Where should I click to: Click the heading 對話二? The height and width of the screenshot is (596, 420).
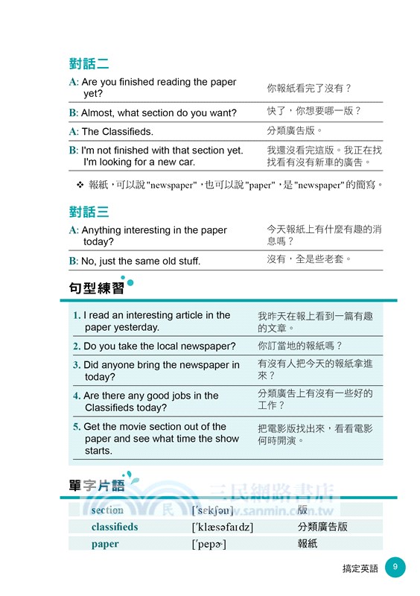pyautogui.click(x=88, y=63)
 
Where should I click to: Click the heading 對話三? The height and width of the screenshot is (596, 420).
pyautogui.click(x=88, y=212)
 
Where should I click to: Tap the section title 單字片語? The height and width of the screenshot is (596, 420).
pyautogui.click(x=92, y=486)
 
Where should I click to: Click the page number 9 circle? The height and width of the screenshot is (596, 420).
pyautogui.click(x=395, y=568)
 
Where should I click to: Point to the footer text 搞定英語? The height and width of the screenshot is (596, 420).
pyautogui.click(x=360, y=568)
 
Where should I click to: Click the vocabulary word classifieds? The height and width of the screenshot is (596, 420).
pyautogui.click(x=115, y=527)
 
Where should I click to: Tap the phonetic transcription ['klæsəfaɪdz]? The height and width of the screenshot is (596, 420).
pyautogui.click(x=222, y=527)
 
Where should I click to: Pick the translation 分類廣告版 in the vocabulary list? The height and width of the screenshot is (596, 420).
pyautogui.click(x=322, y=527)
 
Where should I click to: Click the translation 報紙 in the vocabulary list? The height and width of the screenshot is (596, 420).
pyautogui.click(x=308, y=544)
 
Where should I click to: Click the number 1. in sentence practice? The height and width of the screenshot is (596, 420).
pyautogui.click(x=77, y=316)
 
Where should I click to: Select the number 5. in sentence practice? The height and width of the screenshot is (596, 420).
pyautogui.click(x=77, y=427)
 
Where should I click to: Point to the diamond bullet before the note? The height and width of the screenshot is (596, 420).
pyautogui.click(x=80, y=184)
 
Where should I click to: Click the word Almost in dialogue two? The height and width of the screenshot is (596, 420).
pyautogui.click(x=97, y=113)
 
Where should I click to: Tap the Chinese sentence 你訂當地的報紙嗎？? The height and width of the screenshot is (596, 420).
pyautogui.click(x=300, y=346)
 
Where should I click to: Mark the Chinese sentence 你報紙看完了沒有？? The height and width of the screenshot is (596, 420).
pyautogui.click(x=309, y=88)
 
